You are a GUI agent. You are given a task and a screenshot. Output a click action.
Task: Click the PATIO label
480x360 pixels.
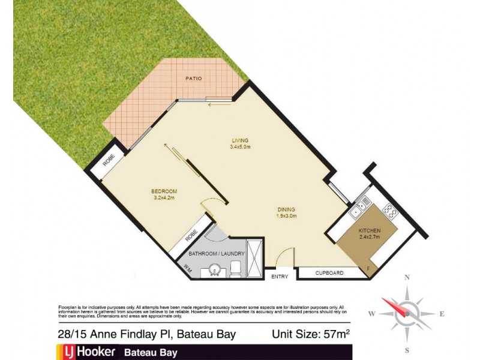pos(193,79)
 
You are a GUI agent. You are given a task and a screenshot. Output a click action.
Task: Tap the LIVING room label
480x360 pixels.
pos(240,141)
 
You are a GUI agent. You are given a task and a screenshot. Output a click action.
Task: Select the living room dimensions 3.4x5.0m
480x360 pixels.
pos(240,148)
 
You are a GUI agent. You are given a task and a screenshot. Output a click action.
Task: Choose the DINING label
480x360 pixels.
pos(286,209)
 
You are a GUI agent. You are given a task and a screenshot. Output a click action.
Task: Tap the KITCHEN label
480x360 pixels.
pos(370,230)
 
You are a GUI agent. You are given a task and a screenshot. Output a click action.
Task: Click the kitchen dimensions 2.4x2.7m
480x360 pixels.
pos(370,238)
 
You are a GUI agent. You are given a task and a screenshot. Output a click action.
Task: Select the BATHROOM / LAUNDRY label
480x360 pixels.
pos(217,254)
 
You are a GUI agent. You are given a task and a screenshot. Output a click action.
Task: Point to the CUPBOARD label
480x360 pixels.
pos(329,273)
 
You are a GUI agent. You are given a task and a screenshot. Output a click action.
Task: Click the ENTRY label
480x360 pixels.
pos(280,277)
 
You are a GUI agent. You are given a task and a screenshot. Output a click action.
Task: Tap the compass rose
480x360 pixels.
pos(407,313)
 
